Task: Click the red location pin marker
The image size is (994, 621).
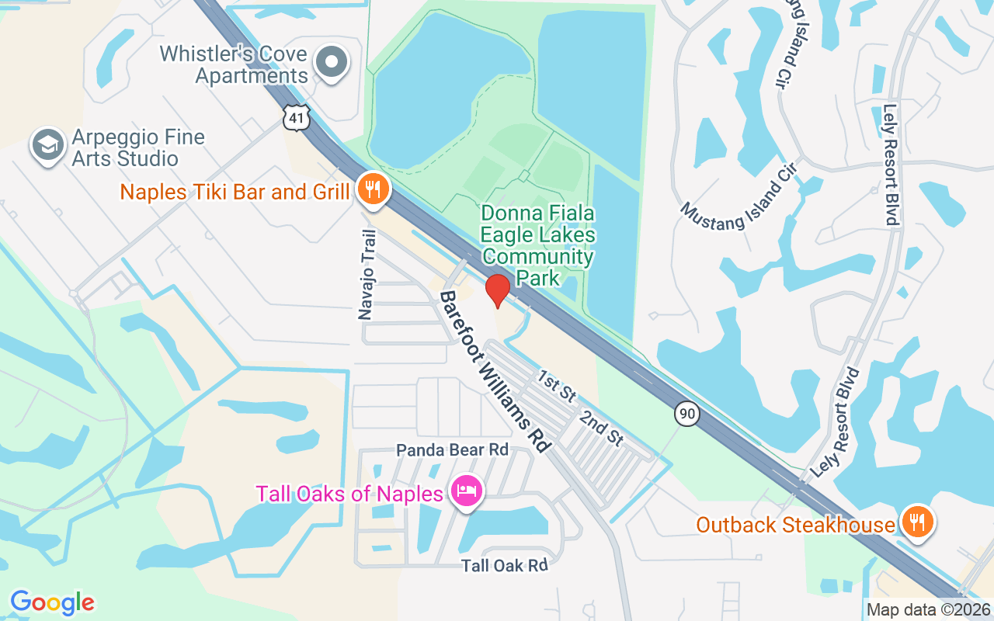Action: click(497, 289)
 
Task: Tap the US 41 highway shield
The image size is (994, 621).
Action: click(298, 117)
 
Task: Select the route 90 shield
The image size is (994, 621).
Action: click(686, 414)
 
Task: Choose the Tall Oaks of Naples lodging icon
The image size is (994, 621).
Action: click(467, 491)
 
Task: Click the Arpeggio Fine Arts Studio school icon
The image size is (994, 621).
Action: click(49, 145)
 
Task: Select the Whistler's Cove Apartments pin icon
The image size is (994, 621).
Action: click(333, 62)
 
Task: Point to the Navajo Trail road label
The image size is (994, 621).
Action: click(367, 274)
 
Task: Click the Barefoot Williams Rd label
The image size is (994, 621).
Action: click(495, 373)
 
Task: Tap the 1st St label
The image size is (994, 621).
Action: click(557, 386)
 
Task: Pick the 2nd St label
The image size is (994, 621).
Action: click(601, 428)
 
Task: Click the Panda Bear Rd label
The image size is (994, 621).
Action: click(452, 450)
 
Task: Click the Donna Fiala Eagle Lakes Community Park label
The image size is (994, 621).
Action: click(537, 245)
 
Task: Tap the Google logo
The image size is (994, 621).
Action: click(52, 602)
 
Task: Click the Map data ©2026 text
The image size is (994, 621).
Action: click(928, 610)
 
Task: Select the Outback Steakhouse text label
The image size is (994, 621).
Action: click(795, 526)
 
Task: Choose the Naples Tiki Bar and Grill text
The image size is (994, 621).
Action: click(235, 192)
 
